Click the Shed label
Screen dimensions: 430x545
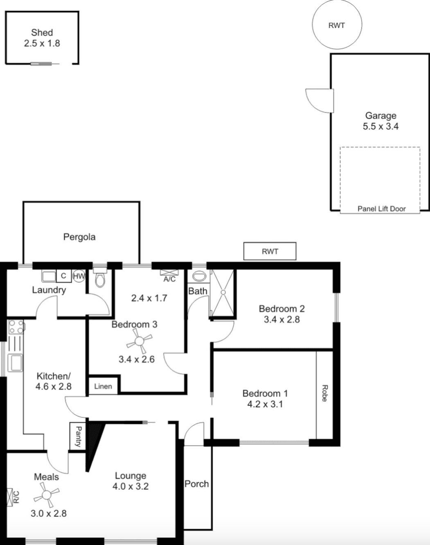point(42,33)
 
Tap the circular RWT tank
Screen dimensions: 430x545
point(337,25)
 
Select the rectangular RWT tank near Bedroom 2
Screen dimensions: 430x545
point(270,251)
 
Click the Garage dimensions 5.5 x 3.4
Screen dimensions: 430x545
point(380,126)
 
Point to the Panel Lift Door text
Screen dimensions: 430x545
point(381,209)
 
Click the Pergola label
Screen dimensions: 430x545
point(79,237)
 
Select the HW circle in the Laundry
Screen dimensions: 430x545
point(79,276)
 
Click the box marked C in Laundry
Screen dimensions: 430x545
point(64,276)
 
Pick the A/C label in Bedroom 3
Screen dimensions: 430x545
point(169,279)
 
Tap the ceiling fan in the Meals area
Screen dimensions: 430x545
point(47,495)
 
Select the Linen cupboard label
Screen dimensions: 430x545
point(103,386)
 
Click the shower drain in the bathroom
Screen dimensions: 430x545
point(223,292)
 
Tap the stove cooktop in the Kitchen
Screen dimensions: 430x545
point(16,327)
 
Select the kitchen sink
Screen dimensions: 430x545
point(15,363)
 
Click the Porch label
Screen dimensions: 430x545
point(197,484)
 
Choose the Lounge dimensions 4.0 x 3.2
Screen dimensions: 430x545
point(130,486)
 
